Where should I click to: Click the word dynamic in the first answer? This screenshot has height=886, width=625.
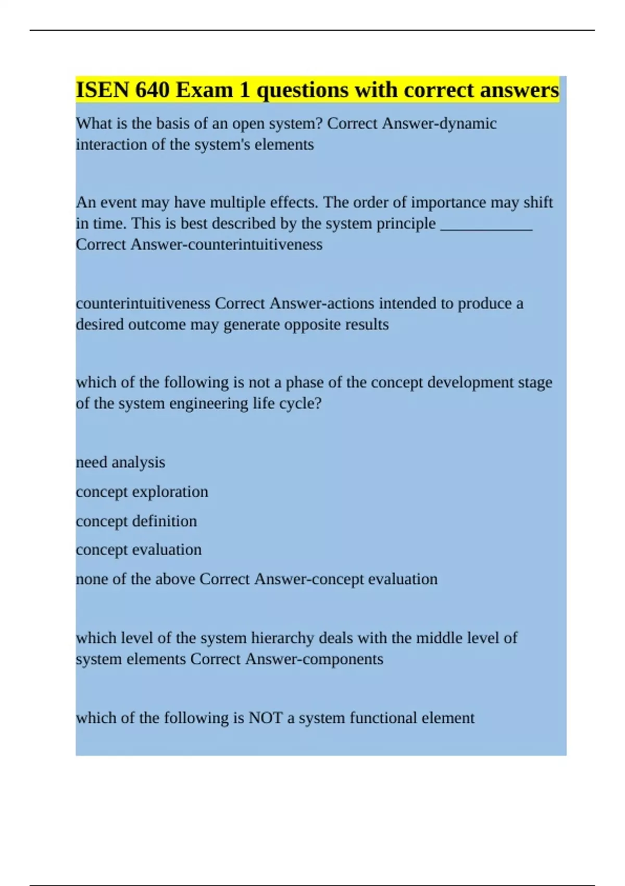pos(468,124)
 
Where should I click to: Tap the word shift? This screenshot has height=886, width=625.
pos(538,202)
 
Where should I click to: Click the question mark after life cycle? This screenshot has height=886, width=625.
pos(318,403)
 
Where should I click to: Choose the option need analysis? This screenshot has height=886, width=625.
pos(120,462)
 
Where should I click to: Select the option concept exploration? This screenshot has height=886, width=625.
pos(142,491)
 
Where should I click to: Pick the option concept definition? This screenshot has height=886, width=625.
pos(136,521)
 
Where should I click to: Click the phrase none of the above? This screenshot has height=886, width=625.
pos(135,579)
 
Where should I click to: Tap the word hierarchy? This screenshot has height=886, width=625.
pos(283,638)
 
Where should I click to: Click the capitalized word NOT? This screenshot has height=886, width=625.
pos(266,718)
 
